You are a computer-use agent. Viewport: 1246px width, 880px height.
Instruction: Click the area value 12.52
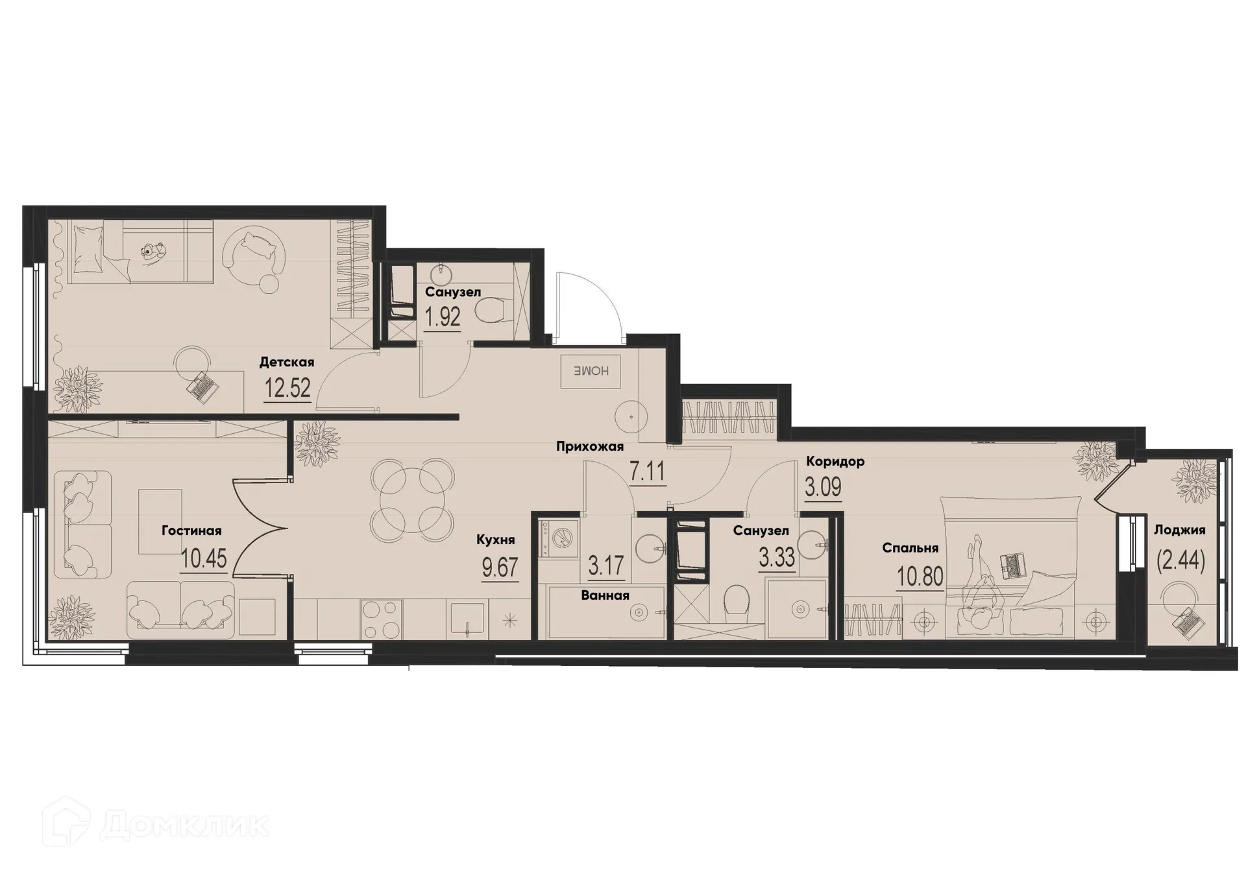click(287, 388)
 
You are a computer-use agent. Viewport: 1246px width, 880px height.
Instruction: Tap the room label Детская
click(286, 363)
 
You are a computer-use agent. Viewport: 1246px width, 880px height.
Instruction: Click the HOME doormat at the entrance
click(591, 372)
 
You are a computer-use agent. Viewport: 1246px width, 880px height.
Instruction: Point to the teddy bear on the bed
click(153, 252)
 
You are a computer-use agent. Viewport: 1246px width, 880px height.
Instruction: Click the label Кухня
click(495, 540)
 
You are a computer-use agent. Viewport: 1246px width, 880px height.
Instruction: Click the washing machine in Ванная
click(559, 538)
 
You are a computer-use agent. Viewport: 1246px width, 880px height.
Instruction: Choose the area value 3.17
click(605, 566)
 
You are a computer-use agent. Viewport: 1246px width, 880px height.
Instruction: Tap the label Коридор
click(835, 462)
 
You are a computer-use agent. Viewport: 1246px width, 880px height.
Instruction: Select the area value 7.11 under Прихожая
click(647, 471)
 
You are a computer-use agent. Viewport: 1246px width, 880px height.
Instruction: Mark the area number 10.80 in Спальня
click(920, 576)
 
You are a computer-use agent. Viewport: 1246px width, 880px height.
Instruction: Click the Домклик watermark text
click(185, 826)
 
